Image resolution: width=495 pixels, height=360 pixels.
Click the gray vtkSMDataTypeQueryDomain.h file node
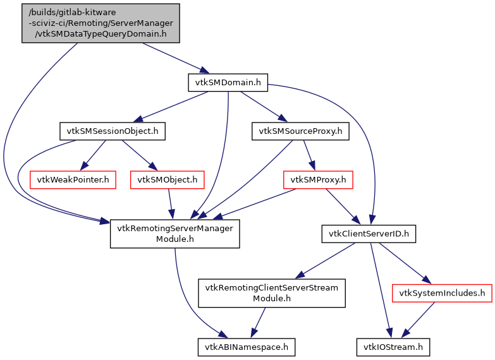click(x=101, y=23)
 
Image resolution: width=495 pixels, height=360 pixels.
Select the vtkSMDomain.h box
click(x=228, y=81)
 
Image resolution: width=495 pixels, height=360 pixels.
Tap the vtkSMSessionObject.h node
click(x=112, y=131)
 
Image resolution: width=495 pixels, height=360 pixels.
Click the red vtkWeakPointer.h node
click(x=73, y=180)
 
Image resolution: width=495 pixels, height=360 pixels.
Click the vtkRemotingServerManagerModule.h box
click(x=175, y=233)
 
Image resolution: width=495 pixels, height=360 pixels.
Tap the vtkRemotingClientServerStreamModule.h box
click(x=272, y=292)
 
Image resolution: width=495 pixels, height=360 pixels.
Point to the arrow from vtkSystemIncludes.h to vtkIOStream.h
click(x=419, y=319)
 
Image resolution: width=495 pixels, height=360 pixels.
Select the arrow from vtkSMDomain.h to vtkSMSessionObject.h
click(x=174, y=105)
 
